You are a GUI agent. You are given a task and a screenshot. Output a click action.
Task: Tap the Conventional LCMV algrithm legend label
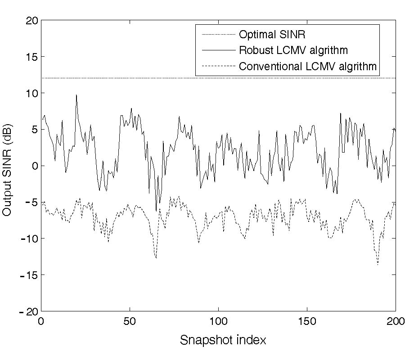coord(308,67)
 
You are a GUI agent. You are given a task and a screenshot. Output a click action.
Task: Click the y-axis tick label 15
coord(31,57)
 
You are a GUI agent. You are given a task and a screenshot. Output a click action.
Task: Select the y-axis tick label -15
coord(27,275)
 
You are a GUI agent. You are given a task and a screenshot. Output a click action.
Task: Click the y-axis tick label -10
coord(27,238)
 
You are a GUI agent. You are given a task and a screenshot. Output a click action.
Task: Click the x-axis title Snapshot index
coord(223,340)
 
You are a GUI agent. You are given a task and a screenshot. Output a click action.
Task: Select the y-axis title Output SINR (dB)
coord(8,166)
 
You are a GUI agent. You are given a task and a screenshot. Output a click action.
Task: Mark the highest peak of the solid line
coord(76,95)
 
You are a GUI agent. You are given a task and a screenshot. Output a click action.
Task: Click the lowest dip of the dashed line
coord(378,265)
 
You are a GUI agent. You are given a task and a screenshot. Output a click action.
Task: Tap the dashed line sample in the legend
coord(216,67)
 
